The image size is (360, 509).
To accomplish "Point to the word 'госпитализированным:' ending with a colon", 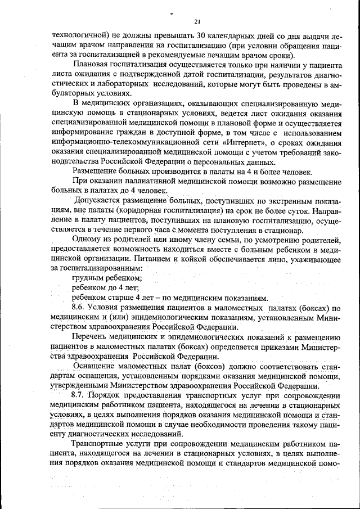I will click(x=92, y=269).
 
